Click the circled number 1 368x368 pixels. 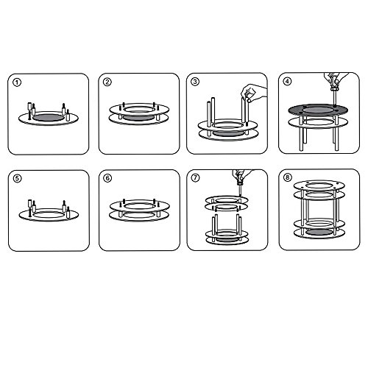(x=17, y=82)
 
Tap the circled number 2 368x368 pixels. (x=107, y=82)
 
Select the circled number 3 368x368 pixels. (x=195, y=82)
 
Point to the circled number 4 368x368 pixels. (x=287, y=81)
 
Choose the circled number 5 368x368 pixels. (x=17, y=178)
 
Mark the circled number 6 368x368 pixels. (x=107, y=178)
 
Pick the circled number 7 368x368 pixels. (x=195, y=177)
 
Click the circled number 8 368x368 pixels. (x=288, y=177)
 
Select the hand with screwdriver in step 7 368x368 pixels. (x=241, y=174)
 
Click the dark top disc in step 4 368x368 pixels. (x=318, y=110)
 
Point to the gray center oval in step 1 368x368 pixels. (x=48, y=118)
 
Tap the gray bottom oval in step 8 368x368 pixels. (x=319, y=233)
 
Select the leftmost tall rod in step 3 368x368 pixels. (x=209, y=118)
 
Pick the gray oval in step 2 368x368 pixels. (x=138, y=118)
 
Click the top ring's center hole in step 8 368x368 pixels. (x=319, y=185)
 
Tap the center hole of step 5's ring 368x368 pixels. (x=49, y=214)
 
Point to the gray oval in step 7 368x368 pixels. (x=227, y=239)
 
